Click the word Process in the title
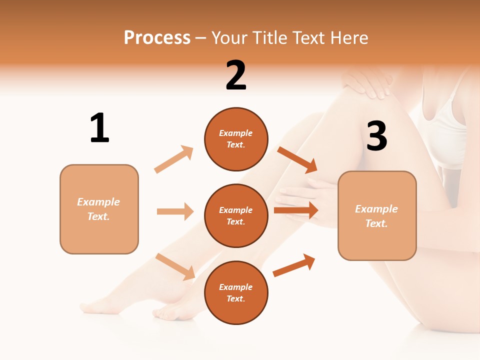(x=157, y=38)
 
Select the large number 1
(x=99, y=128)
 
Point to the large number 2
(x=236, y=75)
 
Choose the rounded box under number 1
(x=99, y=209)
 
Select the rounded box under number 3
(x=377, y=215)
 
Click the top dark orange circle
(x=236, y=139)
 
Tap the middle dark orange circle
(x=236, y=215)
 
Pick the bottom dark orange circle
(x=236, y=292)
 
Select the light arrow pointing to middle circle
(x=175, y=211)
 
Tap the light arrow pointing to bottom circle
(x=175, y=266)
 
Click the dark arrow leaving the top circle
(x=297, y=159)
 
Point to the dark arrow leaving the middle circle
(x=296, y=210)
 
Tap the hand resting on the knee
(x=367, y=82)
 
